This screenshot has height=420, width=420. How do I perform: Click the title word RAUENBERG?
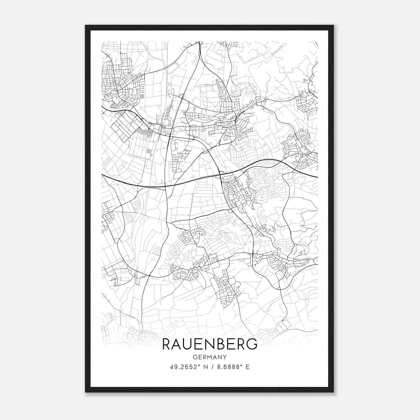(x=210, y=344)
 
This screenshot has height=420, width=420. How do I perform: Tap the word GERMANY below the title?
(x=210, y=357)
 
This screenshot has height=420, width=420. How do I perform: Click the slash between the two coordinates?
(x=212, y=367)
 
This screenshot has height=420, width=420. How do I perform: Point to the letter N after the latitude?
(x=205, y=367)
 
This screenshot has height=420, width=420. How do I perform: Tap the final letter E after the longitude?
(x=248, y=367)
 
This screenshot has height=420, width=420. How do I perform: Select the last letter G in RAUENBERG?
(x=252, y=344)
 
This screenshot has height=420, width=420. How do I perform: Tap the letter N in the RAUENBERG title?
(x=211, y=344)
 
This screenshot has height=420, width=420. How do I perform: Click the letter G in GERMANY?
(x=195, y=357)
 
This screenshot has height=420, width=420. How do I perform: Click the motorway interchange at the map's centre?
(x=220, y=174)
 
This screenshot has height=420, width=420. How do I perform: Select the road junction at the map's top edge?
(x=201, y=43)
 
